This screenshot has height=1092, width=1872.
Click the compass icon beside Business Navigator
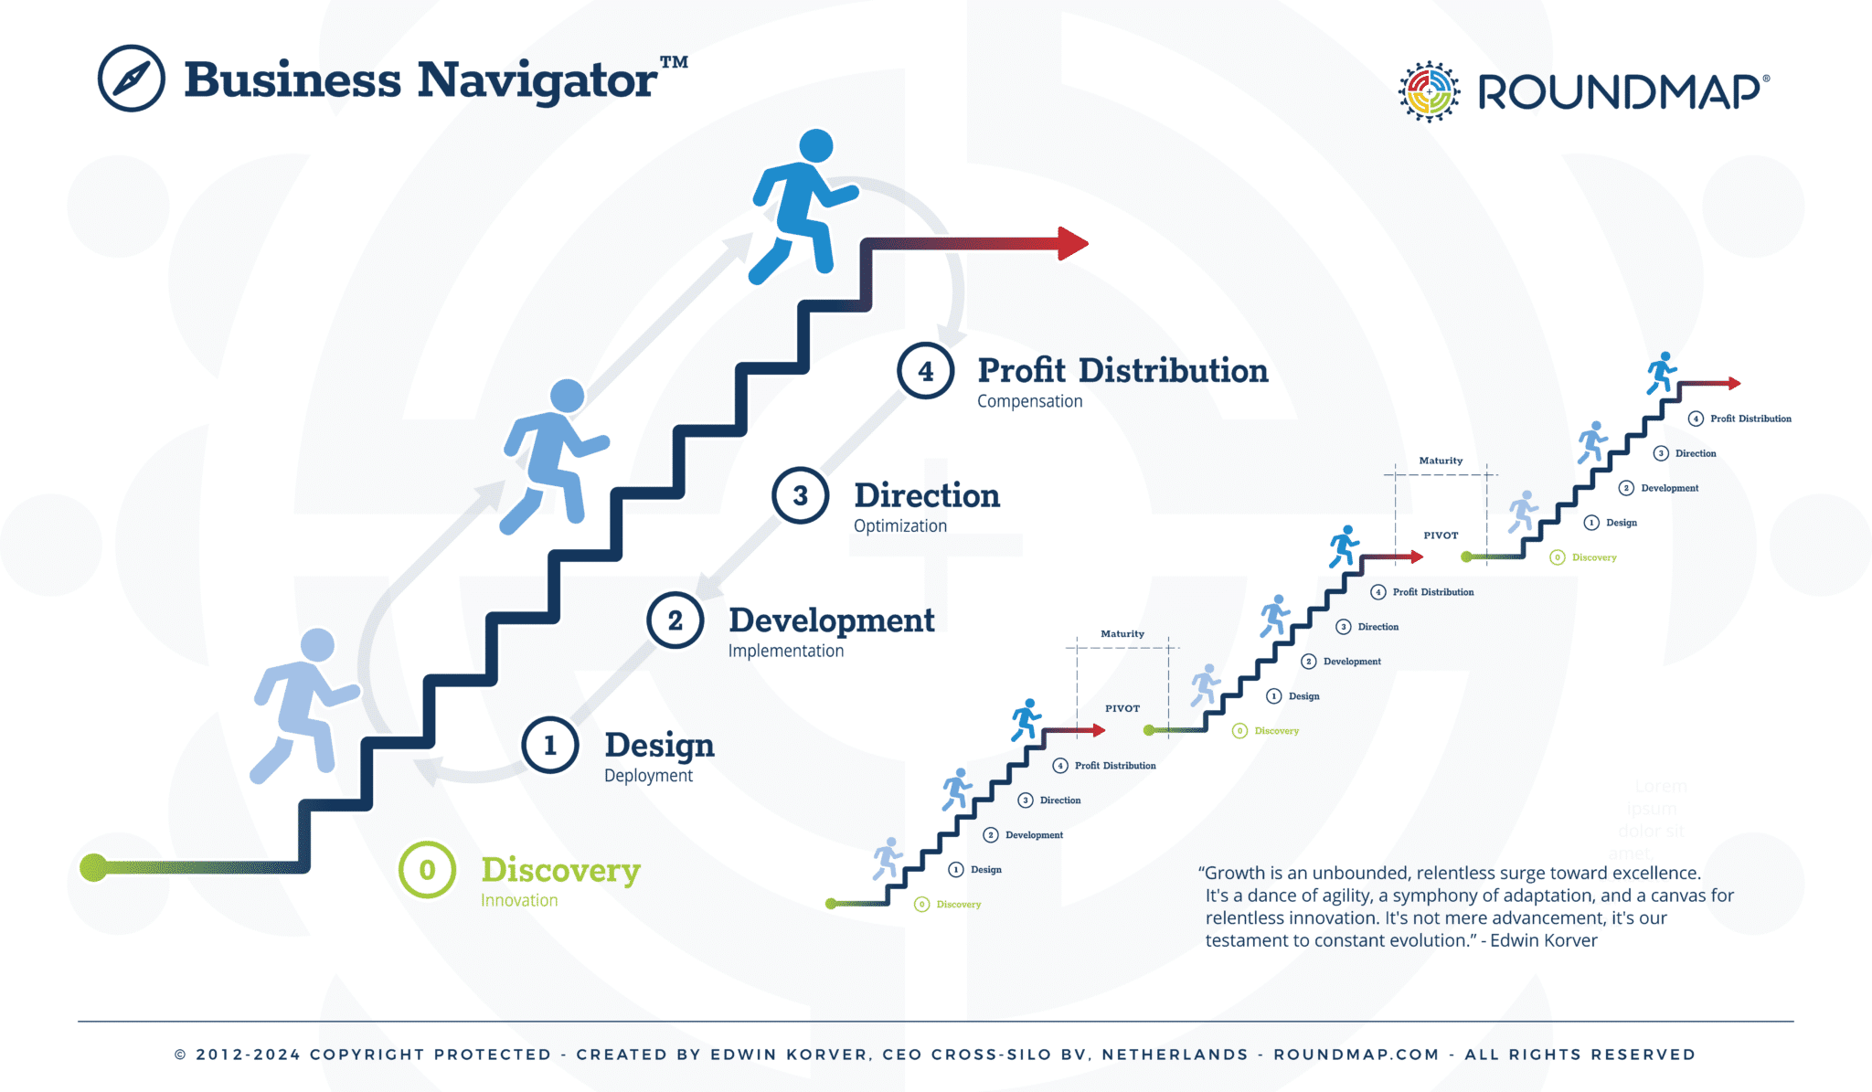pos(132,79)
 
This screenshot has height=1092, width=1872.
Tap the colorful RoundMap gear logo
pos(1429,91)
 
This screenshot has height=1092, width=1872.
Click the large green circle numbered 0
pos(427,869)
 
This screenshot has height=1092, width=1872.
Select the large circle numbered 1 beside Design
pos(549,746)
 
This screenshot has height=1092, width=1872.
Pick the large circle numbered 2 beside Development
pos(675,620)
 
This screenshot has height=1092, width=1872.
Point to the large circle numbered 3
pos(800,495)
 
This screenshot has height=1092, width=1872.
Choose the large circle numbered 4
pos(925,371)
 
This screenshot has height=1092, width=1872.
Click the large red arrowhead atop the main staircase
pos(1072,243)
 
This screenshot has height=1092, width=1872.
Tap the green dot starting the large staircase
pos(93,867)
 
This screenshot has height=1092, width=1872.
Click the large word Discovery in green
pos(560,870)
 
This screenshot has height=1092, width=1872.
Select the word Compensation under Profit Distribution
pos(1029,401)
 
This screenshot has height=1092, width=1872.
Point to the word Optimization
pos(899,525)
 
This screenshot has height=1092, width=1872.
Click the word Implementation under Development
pos(785,651)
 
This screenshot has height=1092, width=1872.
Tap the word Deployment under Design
pos(648,776)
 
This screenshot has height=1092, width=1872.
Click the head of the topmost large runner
pos(815,145)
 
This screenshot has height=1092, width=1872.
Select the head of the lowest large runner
pos(317,644)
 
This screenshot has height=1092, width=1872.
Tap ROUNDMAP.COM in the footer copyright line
pos(1356,1055)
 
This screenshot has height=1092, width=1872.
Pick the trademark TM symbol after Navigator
pos(674,62)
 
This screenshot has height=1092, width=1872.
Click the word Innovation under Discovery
pos(519,900)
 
